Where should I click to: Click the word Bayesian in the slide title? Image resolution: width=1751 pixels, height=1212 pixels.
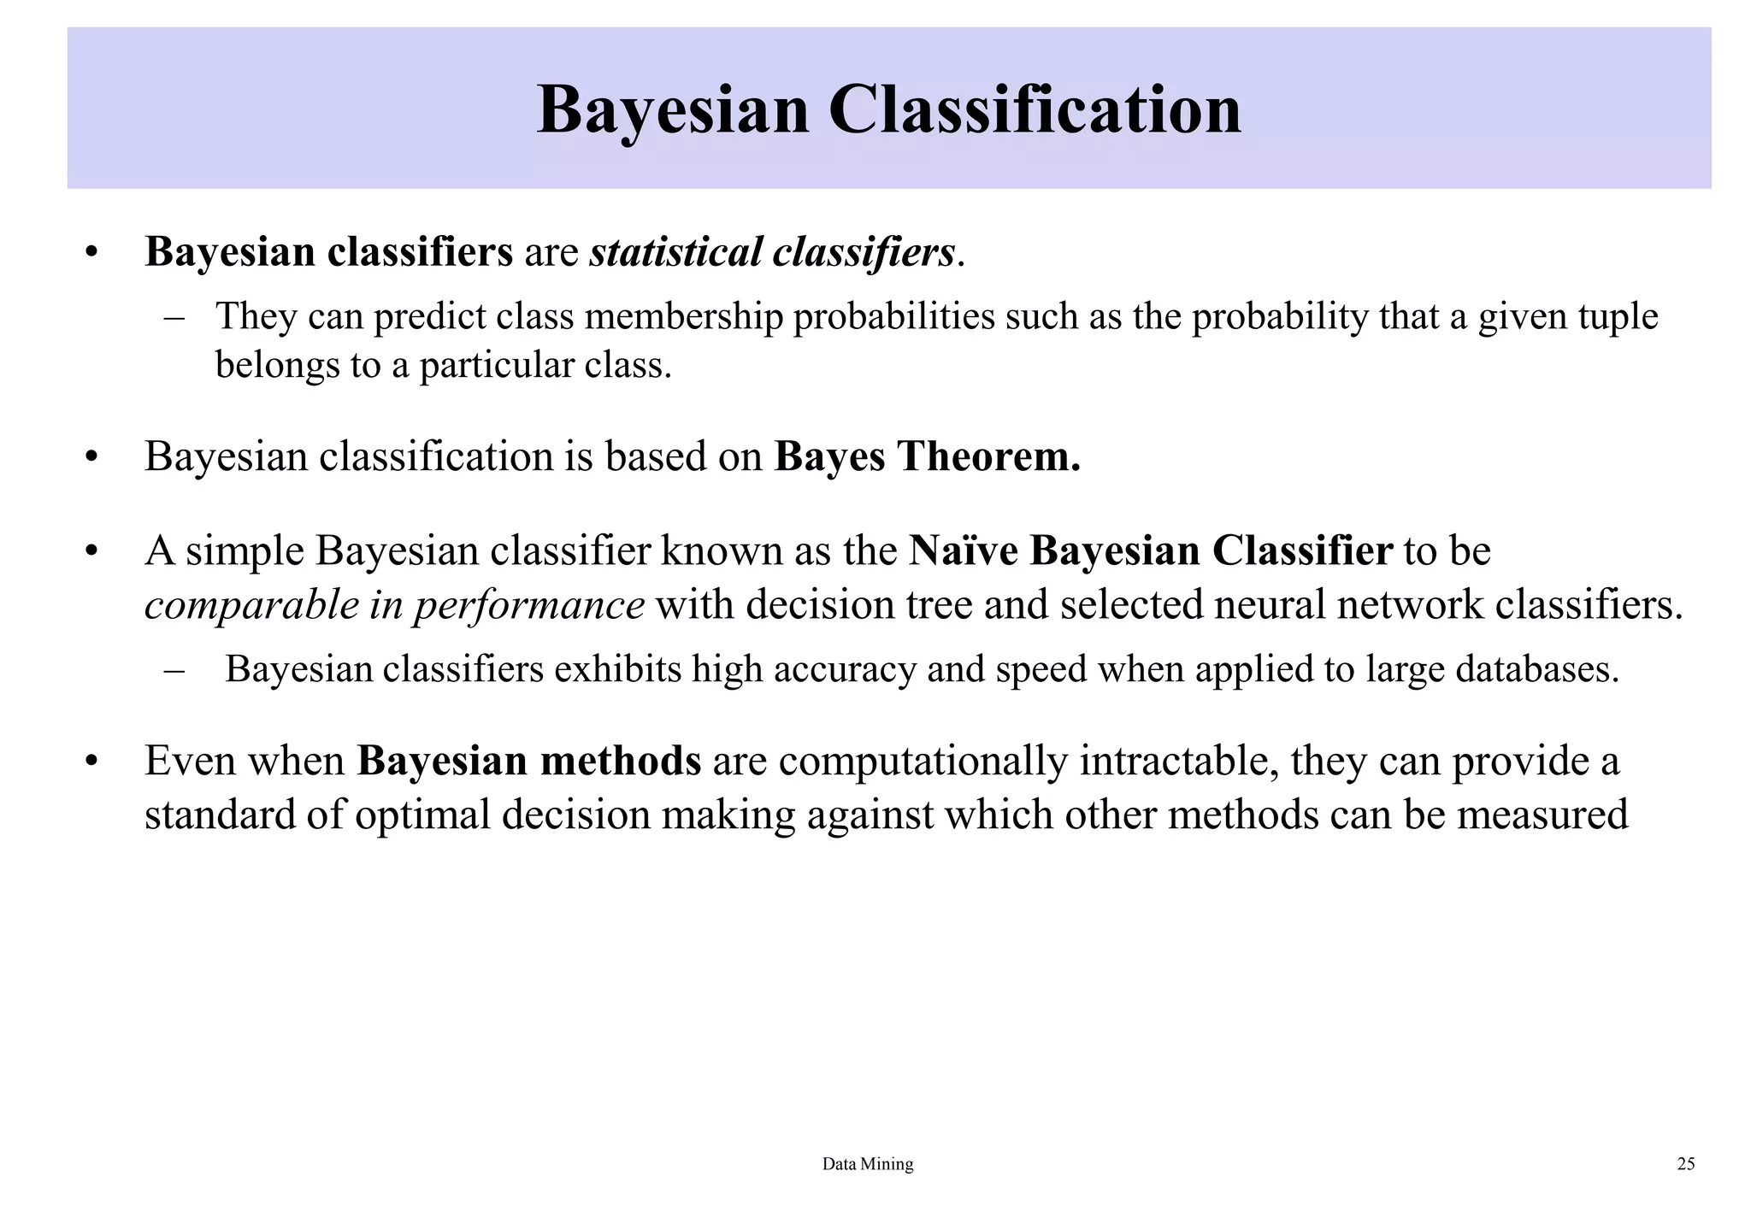[672, 110]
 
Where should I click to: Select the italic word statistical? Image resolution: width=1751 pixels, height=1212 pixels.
[675, 252]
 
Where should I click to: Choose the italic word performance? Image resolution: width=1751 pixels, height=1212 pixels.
[529, 605]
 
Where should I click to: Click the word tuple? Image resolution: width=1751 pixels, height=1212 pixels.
[1618, 316]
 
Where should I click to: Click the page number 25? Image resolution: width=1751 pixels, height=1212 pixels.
[1686, 1164]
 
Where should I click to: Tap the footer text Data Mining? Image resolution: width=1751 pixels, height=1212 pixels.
[867, 1164]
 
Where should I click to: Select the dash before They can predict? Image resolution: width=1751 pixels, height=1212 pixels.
[174, 317]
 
